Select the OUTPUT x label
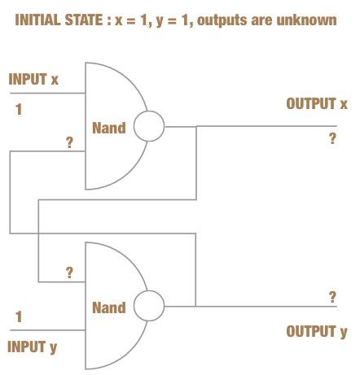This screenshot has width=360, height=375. coord(317,104)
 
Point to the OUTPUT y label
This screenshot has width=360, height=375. coord(317,331)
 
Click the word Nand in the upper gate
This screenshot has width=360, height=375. coord(108,128)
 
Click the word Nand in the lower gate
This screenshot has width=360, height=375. coord(108,307)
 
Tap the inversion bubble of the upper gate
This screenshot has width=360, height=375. coord(148,127)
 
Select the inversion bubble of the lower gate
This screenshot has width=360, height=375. coord(148,307)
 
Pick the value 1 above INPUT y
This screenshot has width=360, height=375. coord(18,316)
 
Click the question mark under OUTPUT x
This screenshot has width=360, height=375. coord(332,138)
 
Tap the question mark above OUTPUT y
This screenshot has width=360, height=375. coord(332,296)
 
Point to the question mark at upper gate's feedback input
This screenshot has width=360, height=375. coord(69,144)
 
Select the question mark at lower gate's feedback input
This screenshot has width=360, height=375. coord(69,273)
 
